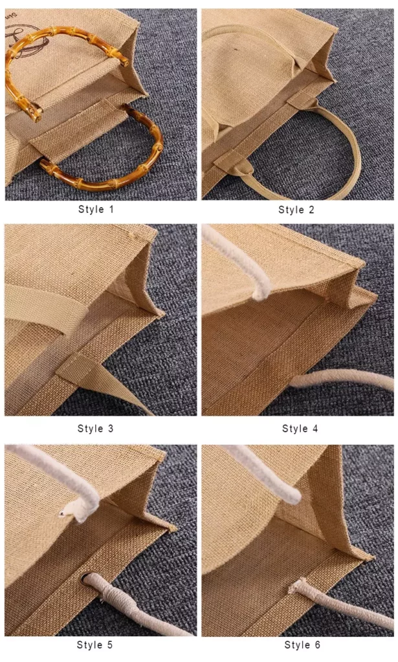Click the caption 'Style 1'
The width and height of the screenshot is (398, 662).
pyautogui.click(x=96, y=209)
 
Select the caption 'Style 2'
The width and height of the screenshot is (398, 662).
pyautogui.click(x=296, y=209)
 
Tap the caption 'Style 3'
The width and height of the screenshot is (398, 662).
pyautogui.click(x=95, y=429)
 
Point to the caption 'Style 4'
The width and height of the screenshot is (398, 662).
pyautogui.click(x=300, y=429)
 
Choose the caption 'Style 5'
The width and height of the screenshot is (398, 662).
pyautogui.click(x=95, y=645)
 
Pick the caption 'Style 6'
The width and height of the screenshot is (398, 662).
pyautogui.click(x=302, y=645)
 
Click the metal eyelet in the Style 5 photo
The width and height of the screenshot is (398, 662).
pyautogui.click(x=88, y=577)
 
